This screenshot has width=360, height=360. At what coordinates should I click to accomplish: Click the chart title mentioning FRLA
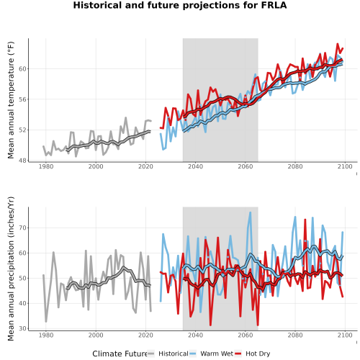pyautogui.click(x=180, y=5)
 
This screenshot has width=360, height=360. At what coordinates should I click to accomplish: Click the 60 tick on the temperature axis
pyautogui.click(x=22, y=69)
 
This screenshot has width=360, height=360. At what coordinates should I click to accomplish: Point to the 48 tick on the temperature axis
pyautogui.click(x=22, y=161)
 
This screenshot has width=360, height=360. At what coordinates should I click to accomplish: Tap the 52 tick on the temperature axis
pyautogui.click(x=22, y=130)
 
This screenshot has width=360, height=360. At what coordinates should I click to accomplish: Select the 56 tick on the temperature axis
pyautogui.click(x=22, y=99)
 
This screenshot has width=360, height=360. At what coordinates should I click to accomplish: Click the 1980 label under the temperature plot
pyautogui.click(x=46, y=166)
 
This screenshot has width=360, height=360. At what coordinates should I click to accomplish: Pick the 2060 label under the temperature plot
pyautogui.click(x=246, y=166)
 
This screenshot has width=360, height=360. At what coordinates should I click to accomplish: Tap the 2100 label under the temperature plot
pyautogui.click(x=345, y=166)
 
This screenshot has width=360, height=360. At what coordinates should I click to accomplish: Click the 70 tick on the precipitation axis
pyautogui.click(x=22, y=228)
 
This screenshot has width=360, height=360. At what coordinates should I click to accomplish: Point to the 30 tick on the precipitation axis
pyautogui.click(x=22, y=328)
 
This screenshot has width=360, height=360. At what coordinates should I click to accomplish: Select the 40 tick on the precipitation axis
pyautogui.click(x=22, y=303)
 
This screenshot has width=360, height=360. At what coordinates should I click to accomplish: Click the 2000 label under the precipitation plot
pyautogui.click(x=96, y=335)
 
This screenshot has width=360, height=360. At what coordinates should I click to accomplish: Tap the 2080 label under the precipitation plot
pyautogui.click(x=295, y=335)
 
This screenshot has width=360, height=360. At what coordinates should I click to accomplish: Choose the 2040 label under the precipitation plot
pyautogui.click(x=195, y=335)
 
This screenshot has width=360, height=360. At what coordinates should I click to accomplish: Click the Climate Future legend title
pyautogui.click(x=120, y=354)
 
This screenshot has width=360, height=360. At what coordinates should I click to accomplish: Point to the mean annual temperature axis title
pyautogui.click(x=11, y=100)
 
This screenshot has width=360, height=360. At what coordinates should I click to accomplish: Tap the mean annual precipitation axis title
pyautogui.click(x=11, y=269)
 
